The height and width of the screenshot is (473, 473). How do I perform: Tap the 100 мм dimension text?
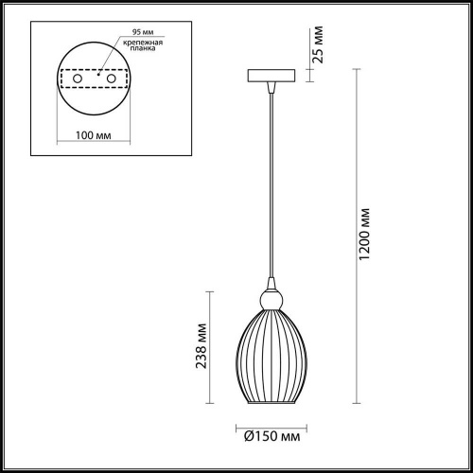[x=94, y=135]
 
